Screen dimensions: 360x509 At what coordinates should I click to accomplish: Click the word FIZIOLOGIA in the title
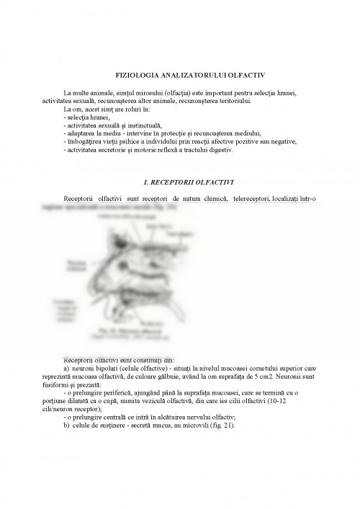click(136, 75)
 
